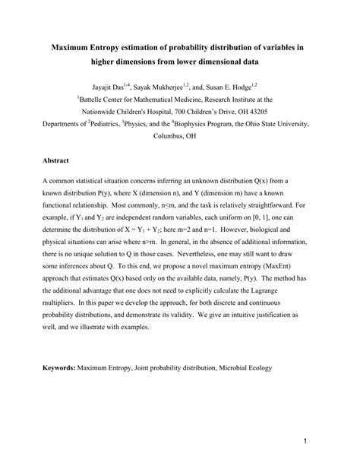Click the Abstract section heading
tap(57, 161)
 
